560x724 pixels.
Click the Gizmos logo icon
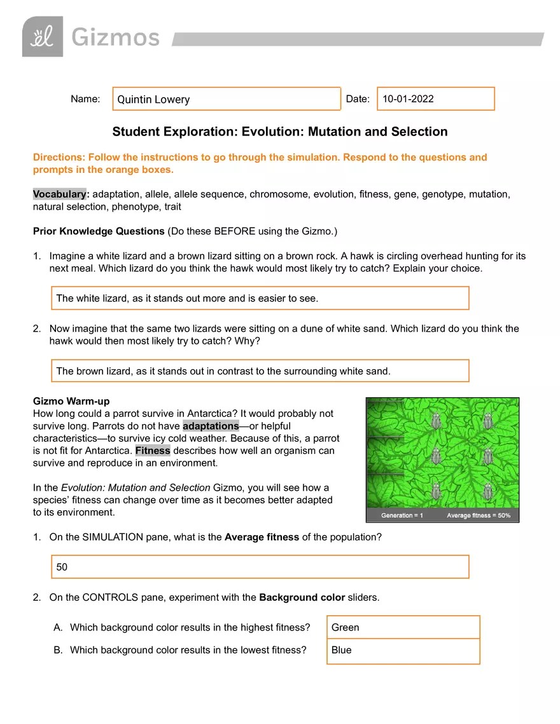tap(43, 37)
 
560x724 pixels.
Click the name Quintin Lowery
tap(153, 99)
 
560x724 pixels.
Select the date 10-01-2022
tap(408, 99)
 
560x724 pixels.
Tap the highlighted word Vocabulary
tap(59, 194)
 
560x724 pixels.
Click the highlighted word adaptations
tap(210, 426)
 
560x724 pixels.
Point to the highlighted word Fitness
tap(153, 450)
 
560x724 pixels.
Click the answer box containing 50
tap(260, 567)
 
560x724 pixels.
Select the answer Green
tap(403, 627)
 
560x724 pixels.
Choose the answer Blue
tap(403, 650)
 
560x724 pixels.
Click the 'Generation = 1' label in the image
tap(402, 516)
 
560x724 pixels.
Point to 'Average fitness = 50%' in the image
tap(479, 516)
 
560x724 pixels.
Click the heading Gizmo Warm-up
tap(71, 402)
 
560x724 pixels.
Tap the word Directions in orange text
tap(59, 157)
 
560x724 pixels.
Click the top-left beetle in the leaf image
tap(437, 421)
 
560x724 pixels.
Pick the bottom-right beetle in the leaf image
tap(488, 491)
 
